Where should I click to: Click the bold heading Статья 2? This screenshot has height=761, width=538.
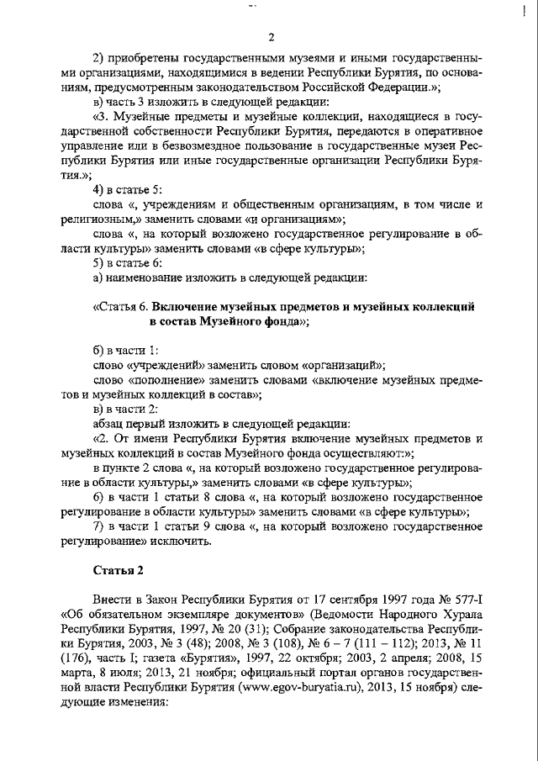118,570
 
